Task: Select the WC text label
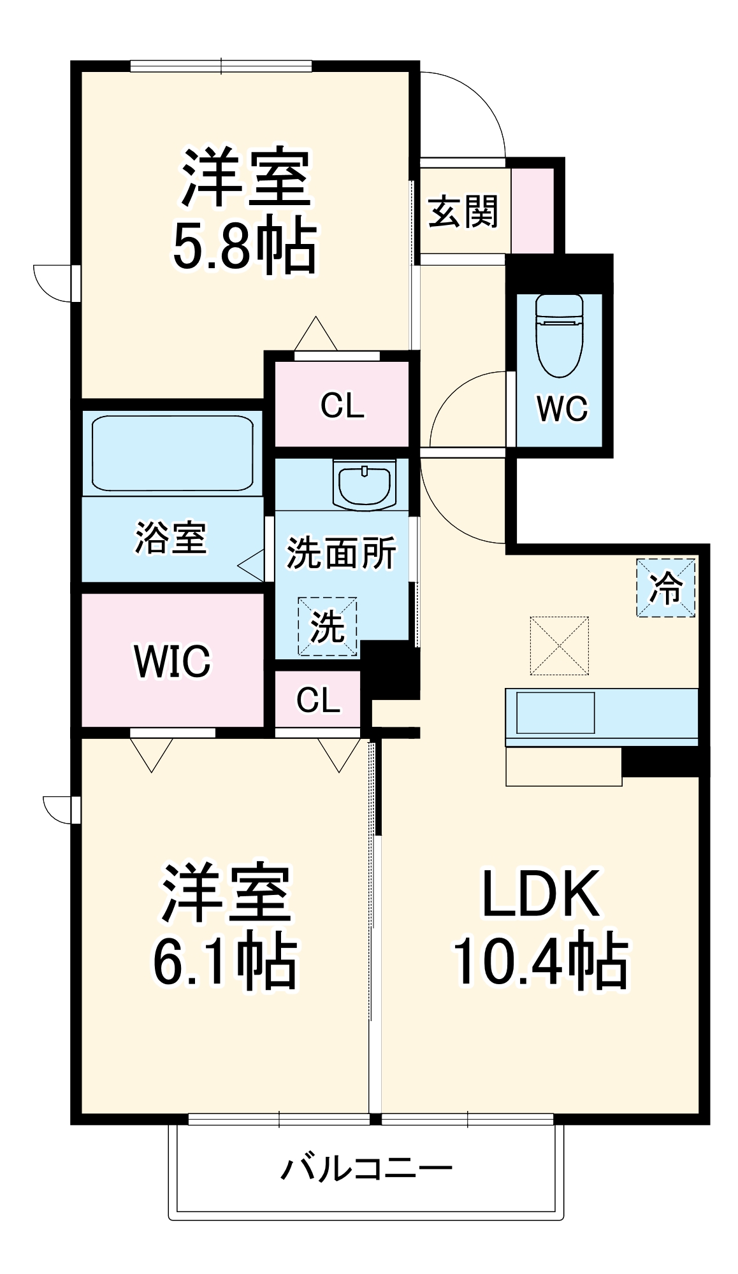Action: (x=561, y=408)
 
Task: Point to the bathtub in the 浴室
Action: (x=172, y=453)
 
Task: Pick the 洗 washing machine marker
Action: (x=327, y=627)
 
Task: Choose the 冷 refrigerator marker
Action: (x=665, y=587)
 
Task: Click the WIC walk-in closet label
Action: (x=172, y=661)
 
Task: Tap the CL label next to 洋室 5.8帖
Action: (x=342, y=405)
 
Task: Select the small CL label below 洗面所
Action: (x=318, y=700)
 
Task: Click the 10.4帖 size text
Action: (x=540, y=961)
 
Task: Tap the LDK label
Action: (x=540, y=893)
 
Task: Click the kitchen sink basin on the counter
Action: (x=555, y=713)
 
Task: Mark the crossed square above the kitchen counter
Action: (x=559, y=645)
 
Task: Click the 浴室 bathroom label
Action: (x=170, y=538)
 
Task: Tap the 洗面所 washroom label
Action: (x=341, y=553)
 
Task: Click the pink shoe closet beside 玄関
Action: (x=533, y=210)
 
